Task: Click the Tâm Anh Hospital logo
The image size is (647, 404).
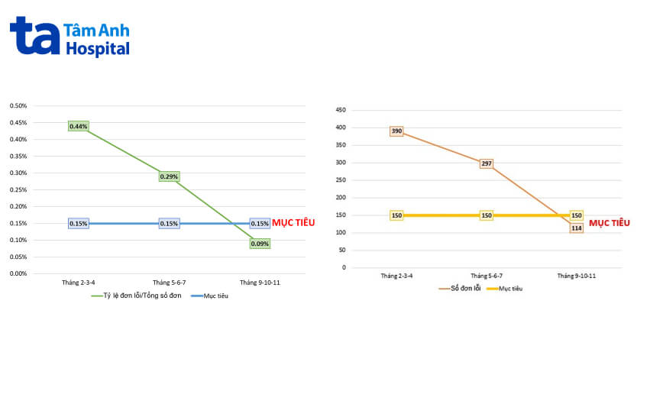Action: click(70, 37)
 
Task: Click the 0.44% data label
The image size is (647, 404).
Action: click(79, 126)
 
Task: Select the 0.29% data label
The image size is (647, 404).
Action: click(170, 176)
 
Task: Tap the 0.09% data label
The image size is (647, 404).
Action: click(260, 244)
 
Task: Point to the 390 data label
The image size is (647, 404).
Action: click(396, 131)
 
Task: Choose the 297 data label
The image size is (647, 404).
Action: click(487, 164)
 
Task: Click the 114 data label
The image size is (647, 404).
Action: click(577, 228)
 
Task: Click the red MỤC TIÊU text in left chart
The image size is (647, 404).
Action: click(293, 222)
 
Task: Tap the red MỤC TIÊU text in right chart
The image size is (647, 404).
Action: click(609, 223)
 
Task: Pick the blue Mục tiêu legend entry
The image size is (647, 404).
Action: click(212, 296)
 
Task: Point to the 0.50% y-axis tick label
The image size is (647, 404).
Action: click(18, 105)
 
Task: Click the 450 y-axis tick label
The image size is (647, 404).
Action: click(341, 110)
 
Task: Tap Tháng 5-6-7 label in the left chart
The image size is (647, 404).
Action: click(169, 283)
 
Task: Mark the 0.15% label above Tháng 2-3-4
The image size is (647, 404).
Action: click(79, 224)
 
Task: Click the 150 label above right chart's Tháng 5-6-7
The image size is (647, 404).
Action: click(487, 215)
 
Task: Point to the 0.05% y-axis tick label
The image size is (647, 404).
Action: click(18, 257)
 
